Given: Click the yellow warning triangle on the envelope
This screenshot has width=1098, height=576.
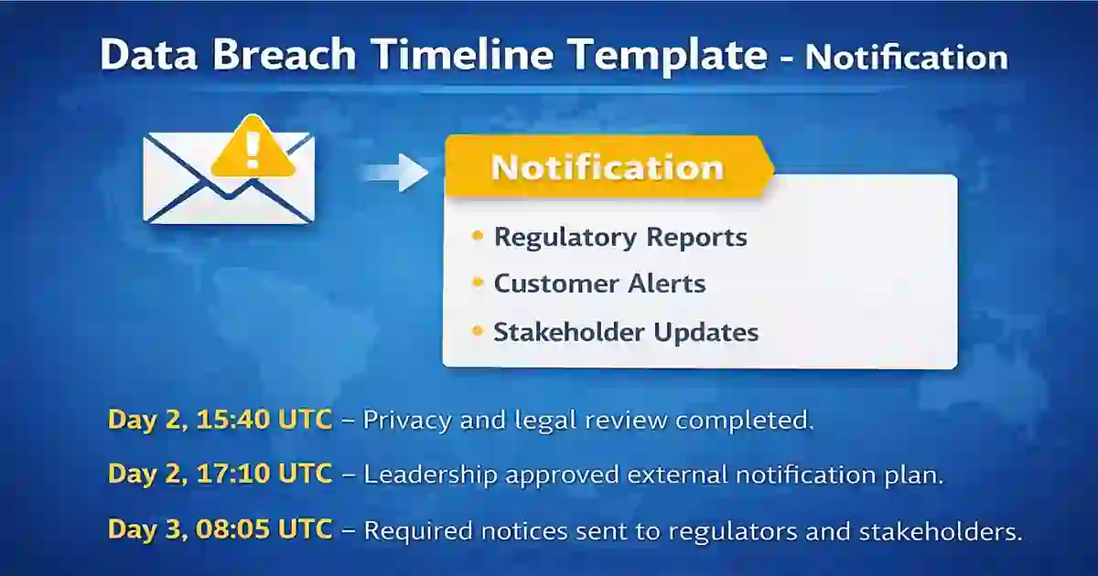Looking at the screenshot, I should [x=253, y=148].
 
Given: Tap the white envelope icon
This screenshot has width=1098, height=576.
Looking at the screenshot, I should [x=228, y=187].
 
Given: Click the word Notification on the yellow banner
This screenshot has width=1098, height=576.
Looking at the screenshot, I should [x=607, y=167].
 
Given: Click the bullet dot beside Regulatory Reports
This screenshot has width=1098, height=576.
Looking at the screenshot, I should [x=477, y=237].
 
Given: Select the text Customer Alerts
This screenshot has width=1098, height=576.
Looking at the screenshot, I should [x=599, y=283].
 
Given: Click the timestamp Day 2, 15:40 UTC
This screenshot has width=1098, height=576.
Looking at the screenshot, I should [x=220, y=420].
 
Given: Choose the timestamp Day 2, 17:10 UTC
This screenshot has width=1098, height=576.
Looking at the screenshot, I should [x=220, y=474].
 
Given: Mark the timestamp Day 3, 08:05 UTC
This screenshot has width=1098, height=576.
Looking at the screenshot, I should [x=220, y=529].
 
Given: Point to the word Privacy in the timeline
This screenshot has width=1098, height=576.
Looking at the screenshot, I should [x=404, y=421].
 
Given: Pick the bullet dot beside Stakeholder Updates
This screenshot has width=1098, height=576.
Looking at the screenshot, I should [x=477, y=331].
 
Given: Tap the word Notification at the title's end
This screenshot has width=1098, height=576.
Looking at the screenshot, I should [x=906, y=58].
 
